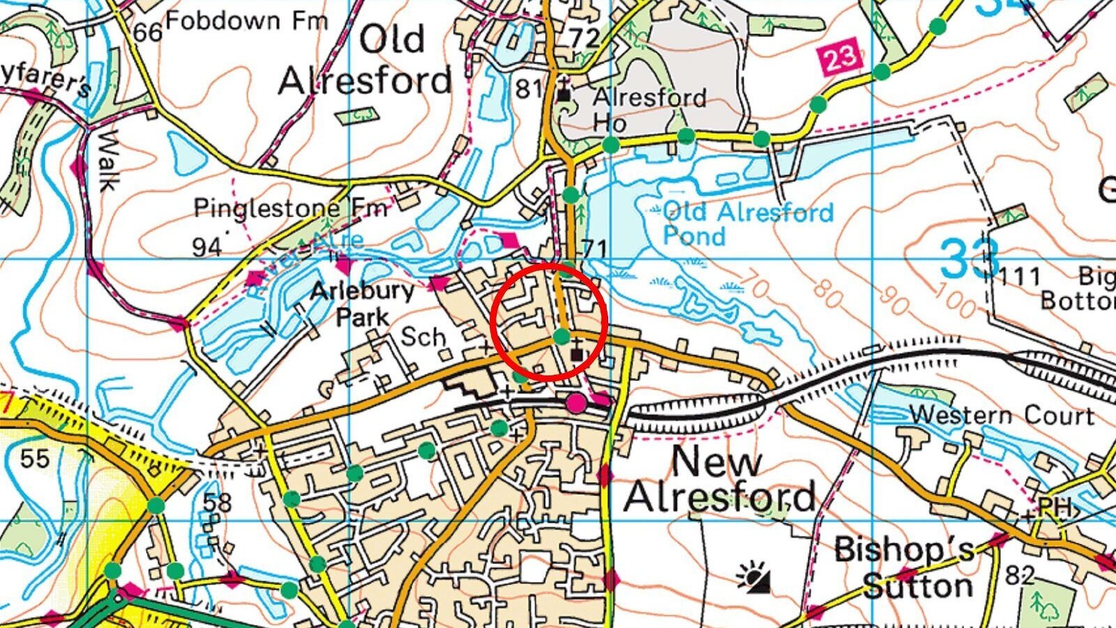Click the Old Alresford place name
tap(365, 61)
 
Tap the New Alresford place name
tap(718, 479)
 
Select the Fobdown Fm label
tap(246, 21)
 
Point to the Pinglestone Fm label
tap(290, 207)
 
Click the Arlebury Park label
tap(362, 303)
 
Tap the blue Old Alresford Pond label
tap(748, 223)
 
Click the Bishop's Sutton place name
tap(905, 567)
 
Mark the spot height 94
tap(206, 246)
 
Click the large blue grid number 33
tap(970, 258)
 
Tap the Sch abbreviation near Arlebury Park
tap(423, 337)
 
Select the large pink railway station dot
tap(575, 403)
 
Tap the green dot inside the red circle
tap(561, 336)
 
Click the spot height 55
tap(35, 458)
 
